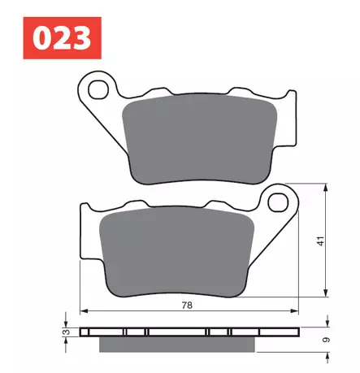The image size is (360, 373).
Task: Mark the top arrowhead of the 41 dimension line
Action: (326, 191)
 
